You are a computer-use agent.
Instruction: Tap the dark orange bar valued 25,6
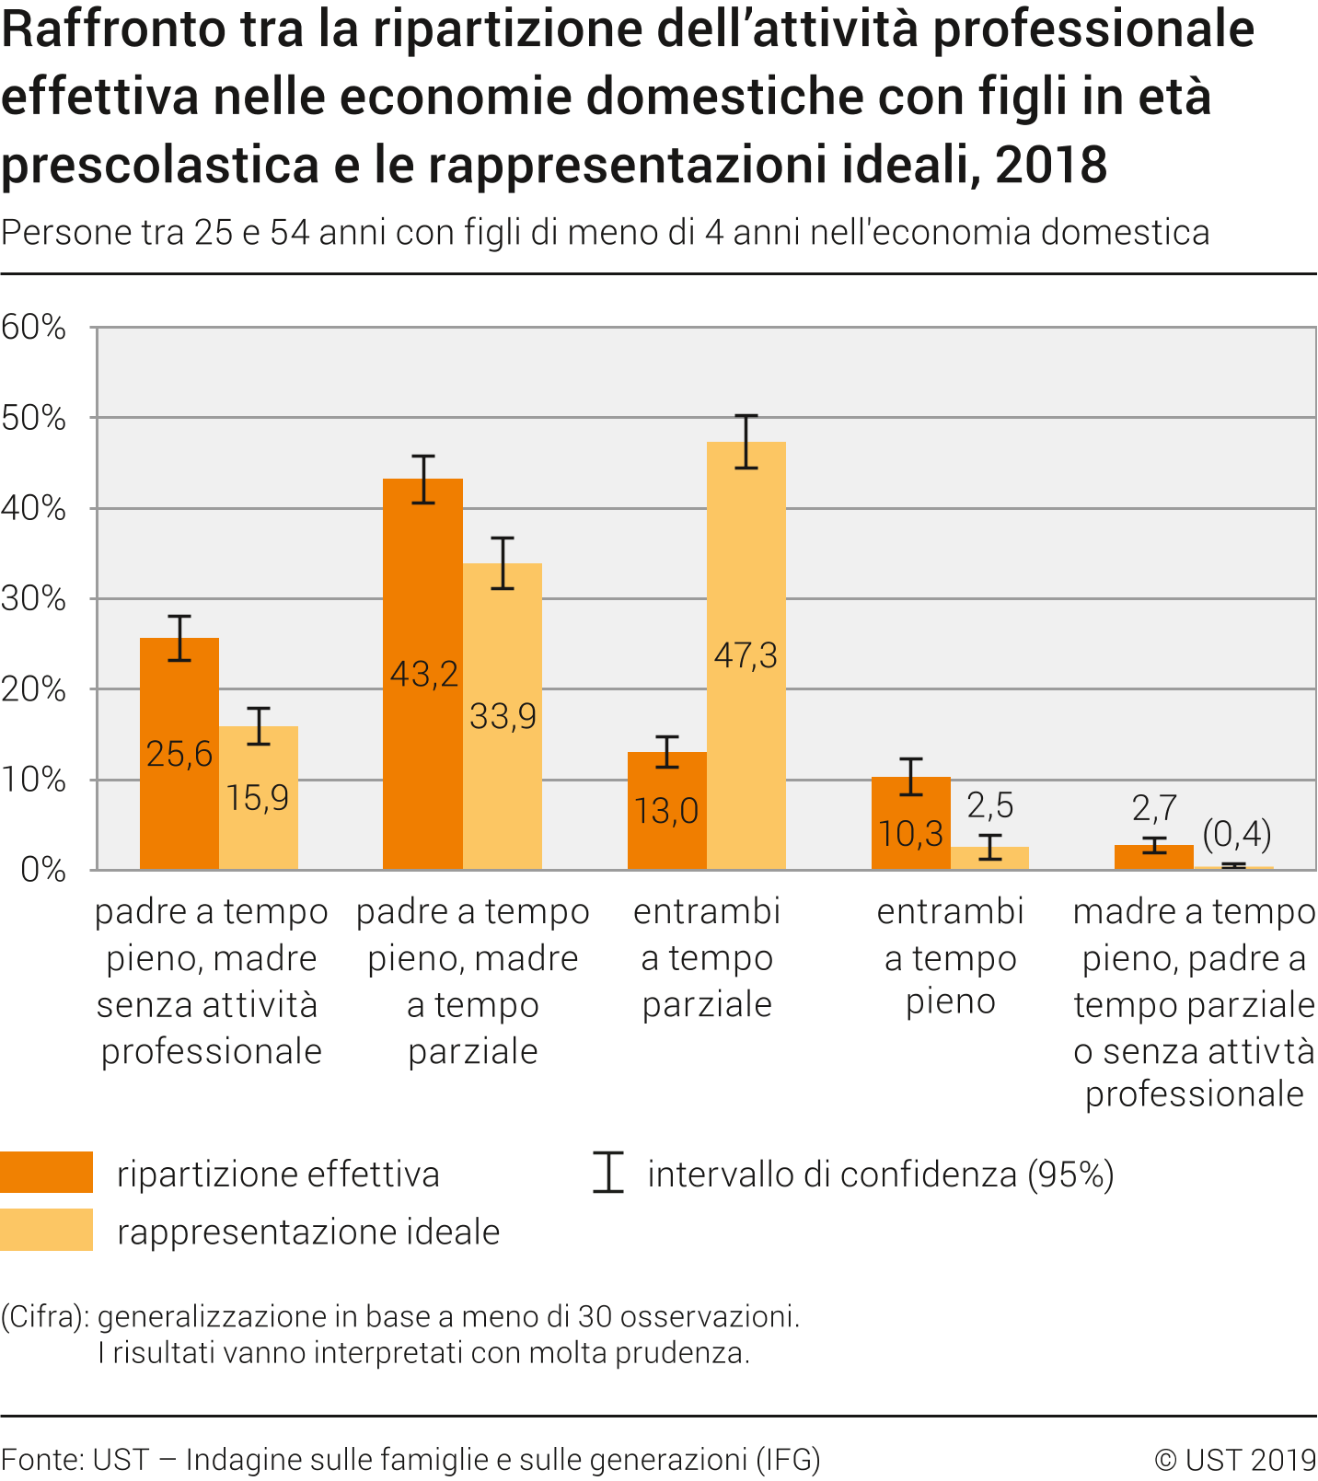[179, 754]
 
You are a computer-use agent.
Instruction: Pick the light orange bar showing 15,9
[258, 797]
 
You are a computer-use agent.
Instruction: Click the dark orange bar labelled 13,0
[666, 811]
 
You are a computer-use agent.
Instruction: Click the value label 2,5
[989, 805]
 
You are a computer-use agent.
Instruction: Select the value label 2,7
[1154, 808]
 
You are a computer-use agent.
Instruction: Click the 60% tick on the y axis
[34, 328]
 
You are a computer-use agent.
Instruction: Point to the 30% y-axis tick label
[34, 599]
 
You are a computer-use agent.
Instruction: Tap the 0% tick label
[42, 870]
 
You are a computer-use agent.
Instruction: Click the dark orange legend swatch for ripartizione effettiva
[46, 1173]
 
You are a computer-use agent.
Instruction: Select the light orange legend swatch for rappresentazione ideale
[46, 1230]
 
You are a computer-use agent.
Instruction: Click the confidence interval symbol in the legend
[608, 1173]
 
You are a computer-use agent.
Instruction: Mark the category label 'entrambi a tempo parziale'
[707, 957]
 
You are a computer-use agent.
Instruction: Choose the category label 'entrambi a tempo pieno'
[950, 957]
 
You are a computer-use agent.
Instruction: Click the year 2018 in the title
[1050, 165]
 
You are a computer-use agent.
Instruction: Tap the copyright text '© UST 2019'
[1234, 1460]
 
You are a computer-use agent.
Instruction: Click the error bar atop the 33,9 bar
[503, 562]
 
